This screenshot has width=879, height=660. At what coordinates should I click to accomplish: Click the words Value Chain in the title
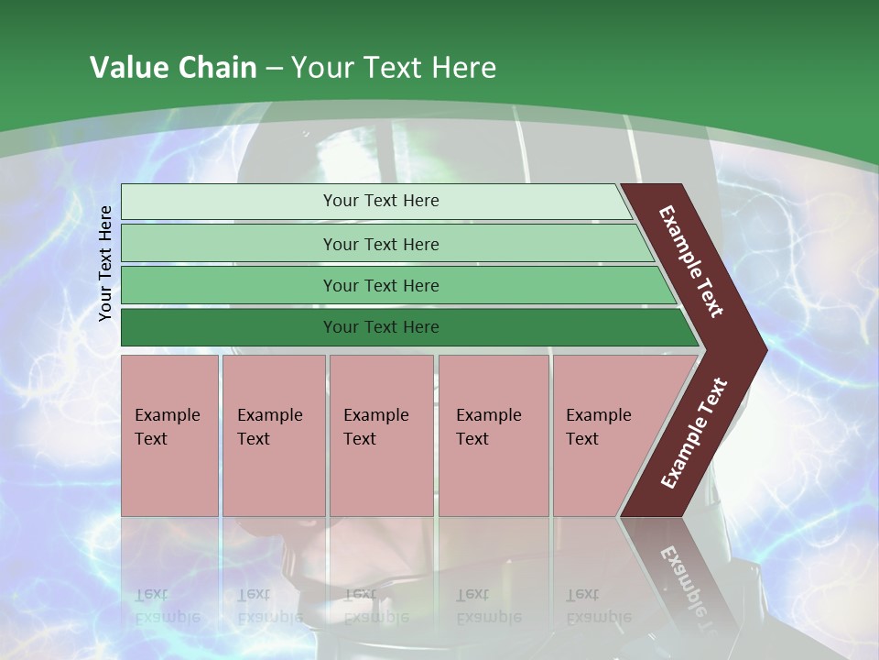pyautogui.click(x=173, y=68)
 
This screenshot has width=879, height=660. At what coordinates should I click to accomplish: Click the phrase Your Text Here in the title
pyautogui.click(x=394, y=68)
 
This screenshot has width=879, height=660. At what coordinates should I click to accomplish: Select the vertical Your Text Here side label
pyautogui.click(x=105, y=263)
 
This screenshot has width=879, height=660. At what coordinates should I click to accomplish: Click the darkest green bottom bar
pyautogui.click(x=229, y=327)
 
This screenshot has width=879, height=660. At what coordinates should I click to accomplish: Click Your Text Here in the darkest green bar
pyautogui.click(x=381, y=327)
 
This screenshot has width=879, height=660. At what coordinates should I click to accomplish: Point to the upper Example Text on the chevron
pyautogui.click(x=691, y=261)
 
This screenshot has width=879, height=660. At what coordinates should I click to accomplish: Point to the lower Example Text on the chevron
pyautogui.click(x=694, y=434)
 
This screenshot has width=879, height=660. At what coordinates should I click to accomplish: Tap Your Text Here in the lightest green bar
pyautogui.click(x=381, y=201)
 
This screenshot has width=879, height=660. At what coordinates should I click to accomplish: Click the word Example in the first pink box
pyautogui.click(x=167, y=415)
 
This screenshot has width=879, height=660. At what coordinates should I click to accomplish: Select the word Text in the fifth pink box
pyautogui.click(x=582, y=439)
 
